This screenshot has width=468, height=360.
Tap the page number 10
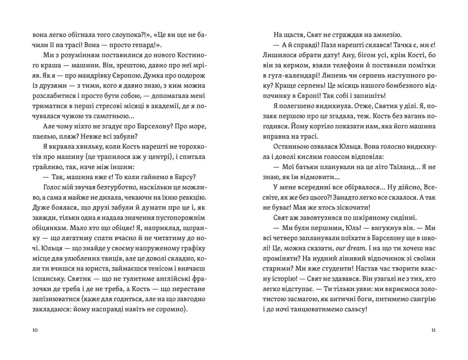35,330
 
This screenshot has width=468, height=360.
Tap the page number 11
433,330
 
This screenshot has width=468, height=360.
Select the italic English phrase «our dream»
343,248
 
